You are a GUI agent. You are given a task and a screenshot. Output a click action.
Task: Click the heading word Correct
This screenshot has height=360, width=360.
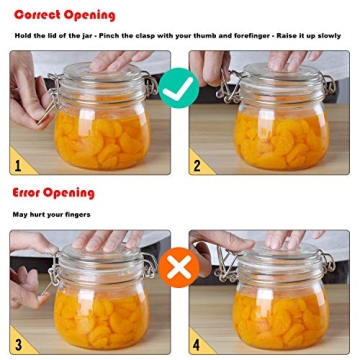[x=39, y=15]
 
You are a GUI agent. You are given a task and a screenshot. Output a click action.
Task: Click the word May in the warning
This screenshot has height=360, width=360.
[x=19, y=214]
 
